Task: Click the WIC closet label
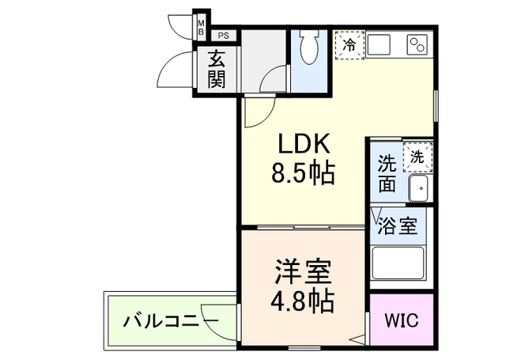(402, 321)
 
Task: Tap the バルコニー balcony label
(171, 321)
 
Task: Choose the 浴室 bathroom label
(397, 225)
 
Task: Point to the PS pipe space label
(224, 35)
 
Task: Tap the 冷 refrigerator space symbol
(348, 45)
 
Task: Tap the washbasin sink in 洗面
(417, 188)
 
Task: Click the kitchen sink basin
(378, 44)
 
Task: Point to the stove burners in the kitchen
(417, 44)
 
